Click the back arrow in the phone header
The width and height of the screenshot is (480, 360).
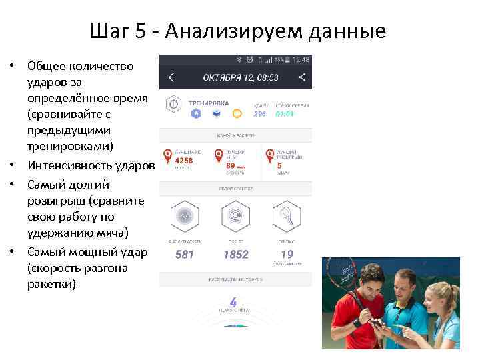[171, 77]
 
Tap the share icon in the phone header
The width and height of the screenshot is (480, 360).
[302, 77]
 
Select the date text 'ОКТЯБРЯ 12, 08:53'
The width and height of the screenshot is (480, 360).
[241, 78]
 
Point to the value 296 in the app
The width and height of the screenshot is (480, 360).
[259, 114]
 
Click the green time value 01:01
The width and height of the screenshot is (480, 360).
[285, 114]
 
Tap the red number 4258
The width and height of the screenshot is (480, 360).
[183, 161]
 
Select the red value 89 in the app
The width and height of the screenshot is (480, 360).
[231, 165]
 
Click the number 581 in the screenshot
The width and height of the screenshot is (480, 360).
[185, 255]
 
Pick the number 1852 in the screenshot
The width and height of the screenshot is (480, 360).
[235, 255]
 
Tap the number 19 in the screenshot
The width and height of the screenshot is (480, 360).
[287, 254]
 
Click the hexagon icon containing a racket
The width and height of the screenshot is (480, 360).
[287, 216]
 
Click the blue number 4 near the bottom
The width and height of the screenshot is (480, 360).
[233, 302]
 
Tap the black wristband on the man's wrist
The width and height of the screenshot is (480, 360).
[357, 322]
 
